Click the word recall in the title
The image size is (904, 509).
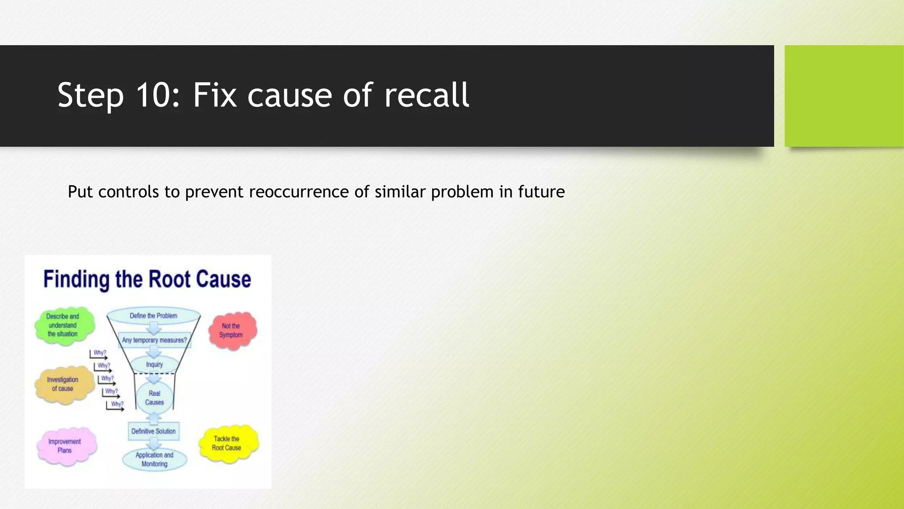pyautogui.click(x=426, y=95)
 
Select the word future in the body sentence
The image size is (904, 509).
pyautogui.click(x=541, y=192)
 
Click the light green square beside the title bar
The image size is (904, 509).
pyautogui.click(x=844, y=96)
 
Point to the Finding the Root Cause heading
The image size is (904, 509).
pyautogui.click(x=147, y=279)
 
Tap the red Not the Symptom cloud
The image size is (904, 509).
pyautogui.click(x=231, y=330)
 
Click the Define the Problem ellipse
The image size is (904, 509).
pyautogui.click(x=154, y=316)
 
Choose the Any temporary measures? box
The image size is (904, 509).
pyautogui.click(x=154, y=340)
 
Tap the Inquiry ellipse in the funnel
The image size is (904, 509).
pyautogui.click(x=154, y=365)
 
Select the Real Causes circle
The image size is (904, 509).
pyautogui.click(x=154, y=398)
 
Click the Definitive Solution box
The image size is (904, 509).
pyautogui.click(x=154, y=431)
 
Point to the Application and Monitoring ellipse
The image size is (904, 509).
pyautogui.click(x=154, y=460)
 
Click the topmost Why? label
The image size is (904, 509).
pyautogui.click(x=100, y=353)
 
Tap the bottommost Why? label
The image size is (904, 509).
pyautogui.click(x=117, y=404)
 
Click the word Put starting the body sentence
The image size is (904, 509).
pyautogui.click(x=80, y=192)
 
